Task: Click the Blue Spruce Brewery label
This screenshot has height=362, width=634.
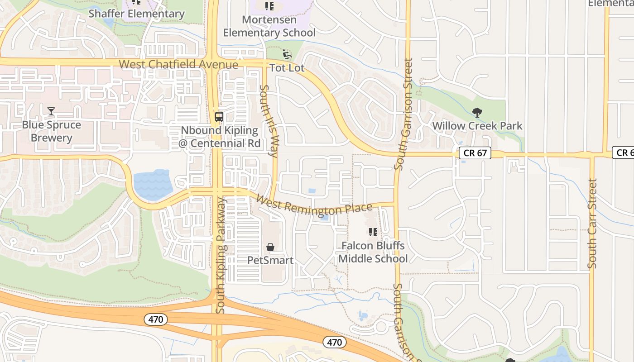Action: (x=52, y=131)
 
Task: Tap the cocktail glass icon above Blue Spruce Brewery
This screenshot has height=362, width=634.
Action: (x=51, y=111)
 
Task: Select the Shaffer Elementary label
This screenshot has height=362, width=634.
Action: (x=136, y=14)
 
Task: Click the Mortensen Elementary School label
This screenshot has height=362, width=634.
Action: (x=269, y=26)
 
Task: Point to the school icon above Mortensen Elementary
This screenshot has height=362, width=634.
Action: (x=269, y=6)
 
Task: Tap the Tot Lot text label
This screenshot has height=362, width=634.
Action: (x=287, y=68)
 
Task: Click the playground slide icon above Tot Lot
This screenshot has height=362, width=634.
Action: (x=287, y=55)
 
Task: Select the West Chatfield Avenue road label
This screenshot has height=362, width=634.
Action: (x=178, y=64)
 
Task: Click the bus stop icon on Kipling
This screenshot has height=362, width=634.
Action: (x=219, y=116)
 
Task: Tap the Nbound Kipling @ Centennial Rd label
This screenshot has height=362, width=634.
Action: (x=221, y=137)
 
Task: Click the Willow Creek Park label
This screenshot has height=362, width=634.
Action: (x=477, y=126)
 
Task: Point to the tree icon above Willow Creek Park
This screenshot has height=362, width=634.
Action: (x=477, y=112)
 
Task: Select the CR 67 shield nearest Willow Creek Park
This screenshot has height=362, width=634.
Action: (x=475, y=153)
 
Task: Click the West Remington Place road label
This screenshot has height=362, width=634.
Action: (x=314, y=205)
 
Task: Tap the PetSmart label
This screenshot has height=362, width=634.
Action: (x=270, y=260)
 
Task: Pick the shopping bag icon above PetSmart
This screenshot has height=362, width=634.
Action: (x=270, y=247)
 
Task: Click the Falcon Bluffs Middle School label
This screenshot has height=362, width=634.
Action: (x=373, y=252)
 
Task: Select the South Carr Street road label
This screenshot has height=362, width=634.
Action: (x=592, y=224)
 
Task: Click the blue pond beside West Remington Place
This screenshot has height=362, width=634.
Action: (x=153, y=185)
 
